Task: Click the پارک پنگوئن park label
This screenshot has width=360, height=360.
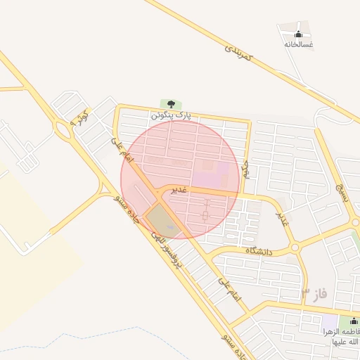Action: (x=170, y=114)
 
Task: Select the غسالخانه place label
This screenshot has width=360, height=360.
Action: (x=298, y=44)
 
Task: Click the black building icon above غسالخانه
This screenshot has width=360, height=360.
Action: (x=298, y=34)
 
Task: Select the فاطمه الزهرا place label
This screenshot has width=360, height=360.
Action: (x=341, y=336)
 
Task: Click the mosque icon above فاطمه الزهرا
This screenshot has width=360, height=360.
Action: (x=354, y=322)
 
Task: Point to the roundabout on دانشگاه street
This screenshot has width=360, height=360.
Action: (x=295, y=247)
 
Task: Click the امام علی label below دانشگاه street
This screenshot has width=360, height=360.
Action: (x=229, y=289)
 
